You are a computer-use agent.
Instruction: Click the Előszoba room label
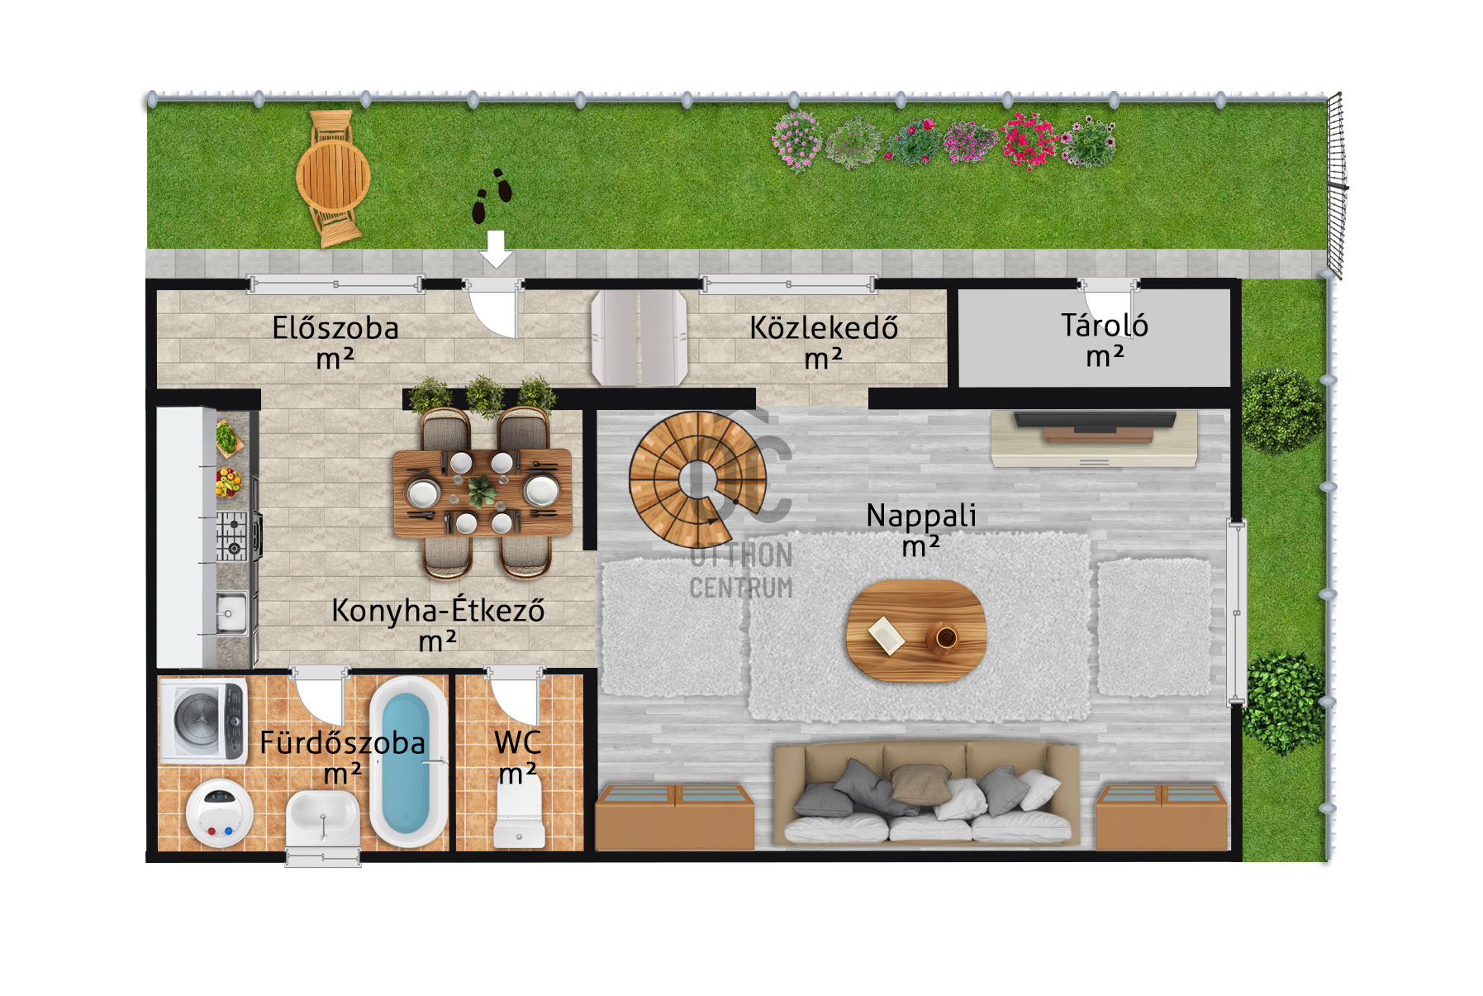pos(335,328)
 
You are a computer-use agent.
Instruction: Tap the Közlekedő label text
pos(824,328)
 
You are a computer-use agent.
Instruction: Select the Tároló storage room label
pos(1105,325)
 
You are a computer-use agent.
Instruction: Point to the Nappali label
pos(921,517)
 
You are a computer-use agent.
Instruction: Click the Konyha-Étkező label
pos(438,610)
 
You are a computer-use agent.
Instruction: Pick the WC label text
pos(518,742)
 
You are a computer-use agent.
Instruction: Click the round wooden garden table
pos(334,176)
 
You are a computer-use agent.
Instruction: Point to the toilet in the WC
pos(519,813)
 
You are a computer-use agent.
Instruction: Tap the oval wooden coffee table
pos(916,630)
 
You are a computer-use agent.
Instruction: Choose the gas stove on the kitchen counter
pos(234,536)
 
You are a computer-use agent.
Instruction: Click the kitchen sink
pos(231,612)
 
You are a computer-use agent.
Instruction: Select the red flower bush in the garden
pos(1029,141)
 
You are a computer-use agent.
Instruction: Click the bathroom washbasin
pos(323,819)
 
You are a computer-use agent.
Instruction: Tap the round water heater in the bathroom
pos(220,813)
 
